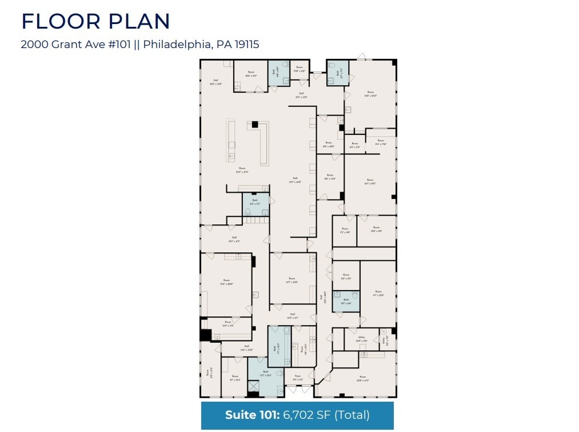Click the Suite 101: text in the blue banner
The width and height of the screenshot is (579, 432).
coord(251,415)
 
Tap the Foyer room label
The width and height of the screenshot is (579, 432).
coord(298,377)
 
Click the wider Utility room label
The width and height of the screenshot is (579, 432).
coord(361,338)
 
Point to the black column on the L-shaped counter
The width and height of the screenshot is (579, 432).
coord(255,124)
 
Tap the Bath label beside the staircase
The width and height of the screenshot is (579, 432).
coord(255,201)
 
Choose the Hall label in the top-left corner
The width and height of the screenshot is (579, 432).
coord(215,81)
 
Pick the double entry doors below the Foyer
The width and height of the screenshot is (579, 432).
coord(299,390)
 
